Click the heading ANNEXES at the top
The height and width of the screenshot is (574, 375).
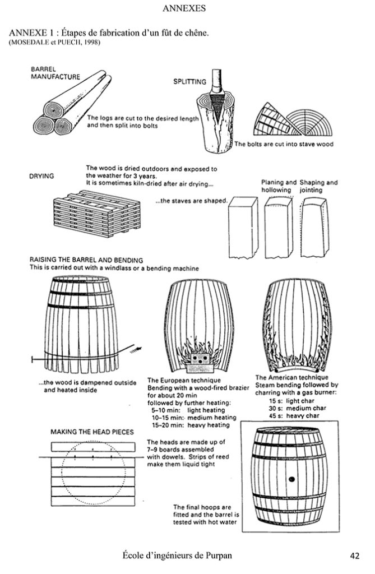point(184,8)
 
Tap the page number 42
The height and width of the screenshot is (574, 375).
point(354,556)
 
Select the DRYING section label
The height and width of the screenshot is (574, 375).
point(41,176)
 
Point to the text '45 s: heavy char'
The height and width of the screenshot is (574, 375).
point(296,416)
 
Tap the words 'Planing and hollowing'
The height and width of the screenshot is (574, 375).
point(279,186)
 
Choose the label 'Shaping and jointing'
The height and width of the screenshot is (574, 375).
point(318,186)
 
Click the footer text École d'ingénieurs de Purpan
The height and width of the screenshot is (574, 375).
point(177,556)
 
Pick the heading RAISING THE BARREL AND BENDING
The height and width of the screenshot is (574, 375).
point(86,260)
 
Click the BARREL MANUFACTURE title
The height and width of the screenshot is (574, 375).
point(55,73)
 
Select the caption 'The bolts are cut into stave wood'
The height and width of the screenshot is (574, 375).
point(284,144)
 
